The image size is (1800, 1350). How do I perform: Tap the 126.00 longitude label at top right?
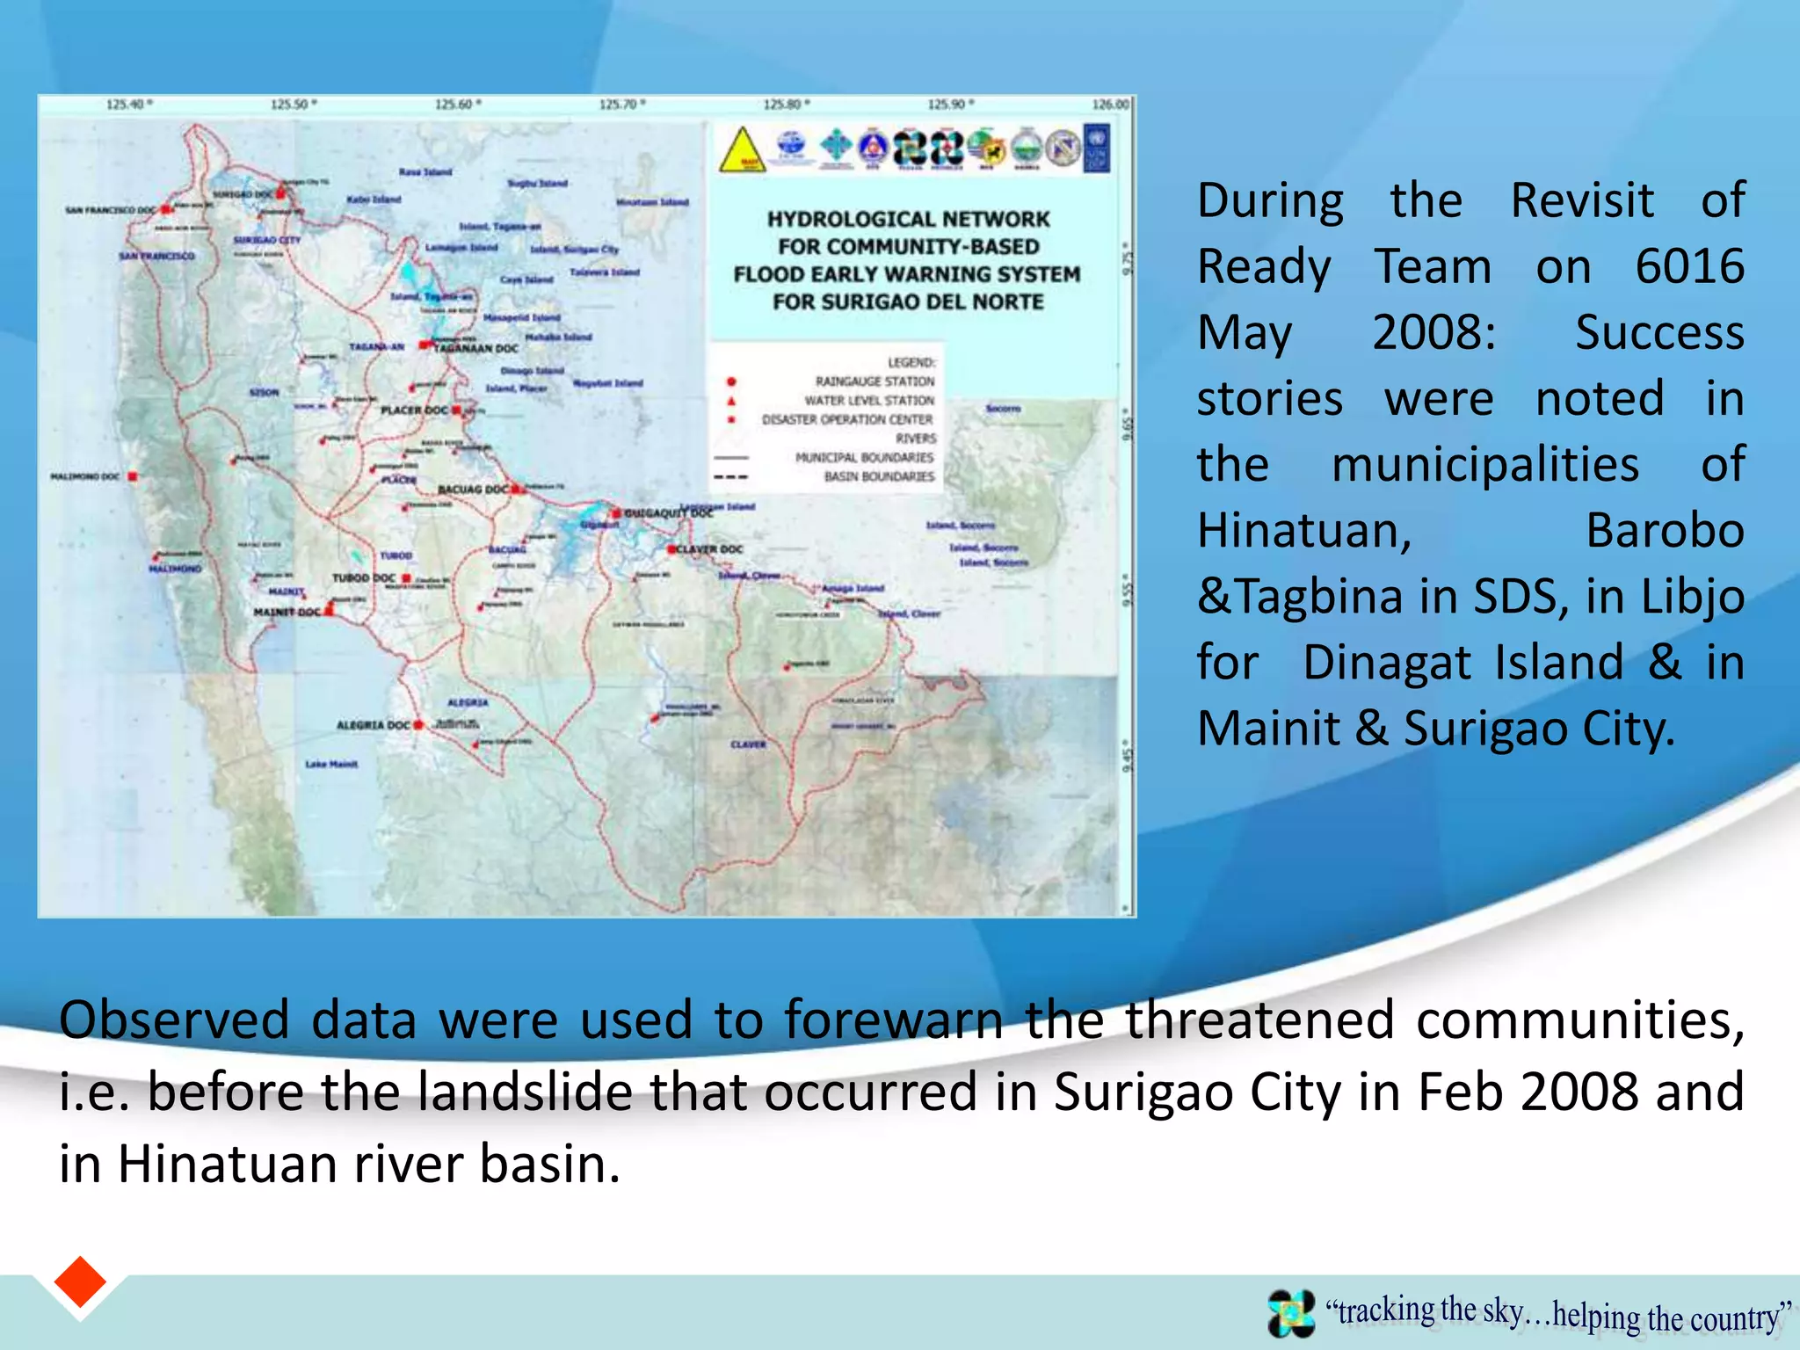(x=1110, y=105)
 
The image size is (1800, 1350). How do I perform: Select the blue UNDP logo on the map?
(x=1098, y=148)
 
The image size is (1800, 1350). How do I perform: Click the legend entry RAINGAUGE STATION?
(x=875, y=381)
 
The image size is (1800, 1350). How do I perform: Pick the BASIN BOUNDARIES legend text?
(x=879, y=476)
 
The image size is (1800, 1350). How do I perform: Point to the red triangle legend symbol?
(x=731, y=401)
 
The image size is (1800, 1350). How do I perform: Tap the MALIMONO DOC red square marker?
(x=133, y=476)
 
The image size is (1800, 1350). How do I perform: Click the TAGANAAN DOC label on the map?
(x=475, y=348)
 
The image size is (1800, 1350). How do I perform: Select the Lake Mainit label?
(x=331, y=764)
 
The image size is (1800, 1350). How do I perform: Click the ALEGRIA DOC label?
(x=374, y=725)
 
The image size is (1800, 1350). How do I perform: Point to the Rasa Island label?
(x=425, y=172)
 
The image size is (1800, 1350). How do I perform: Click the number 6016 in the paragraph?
(x=1689, y=266)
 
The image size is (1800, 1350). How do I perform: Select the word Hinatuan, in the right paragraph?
(x=1304, y=531)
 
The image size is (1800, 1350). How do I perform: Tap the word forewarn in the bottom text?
(x=893, y=1020)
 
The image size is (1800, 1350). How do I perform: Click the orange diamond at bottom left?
(x=80, y=1282)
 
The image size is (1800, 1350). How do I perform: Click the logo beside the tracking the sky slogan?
(x=1291, y=1313)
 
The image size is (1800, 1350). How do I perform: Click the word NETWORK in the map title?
(x=998, y=219)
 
